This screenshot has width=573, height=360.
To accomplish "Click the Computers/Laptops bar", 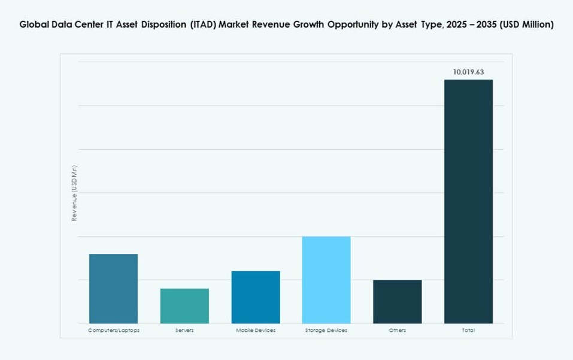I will coord(113,289).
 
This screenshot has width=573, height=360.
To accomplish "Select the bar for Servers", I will coord(184,306).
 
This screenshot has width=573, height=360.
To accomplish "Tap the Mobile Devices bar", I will coord(256,297).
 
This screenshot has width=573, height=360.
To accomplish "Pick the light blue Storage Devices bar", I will coord(326,280).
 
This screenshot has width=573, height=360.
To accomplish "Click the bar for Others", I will coord(397,302).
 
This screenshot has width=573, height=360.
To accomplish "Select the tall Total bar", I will coord(468,201).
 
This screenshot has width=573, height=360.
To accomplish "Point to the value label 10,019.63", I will coord(468,72).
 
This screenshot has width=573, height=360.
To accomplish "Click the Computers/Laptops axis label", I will coord(114,331).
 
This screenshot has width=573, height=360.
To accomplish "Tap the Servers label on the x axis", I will coord(184,331).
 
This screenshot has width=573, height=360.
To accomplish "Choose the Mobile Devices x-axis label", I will coord(256,331).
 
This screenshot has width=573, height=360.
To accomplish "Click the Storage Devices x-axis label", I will coord(326,331).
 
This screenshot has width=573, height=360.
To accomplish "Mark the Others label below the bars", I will coord(397,331).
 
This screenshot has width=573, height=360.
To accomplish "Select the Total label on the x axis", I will coord(468,331).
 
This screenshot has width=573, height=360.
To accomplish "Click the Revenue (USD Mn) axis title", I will coord(75,193).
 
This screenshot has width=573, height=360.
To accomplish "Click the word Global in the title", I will coord(34,25).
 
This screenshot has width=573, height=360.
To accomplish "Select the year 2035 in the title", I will coord(483,25).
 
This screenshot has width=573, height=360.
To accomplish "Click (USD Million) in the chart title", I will coord(526,25).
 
